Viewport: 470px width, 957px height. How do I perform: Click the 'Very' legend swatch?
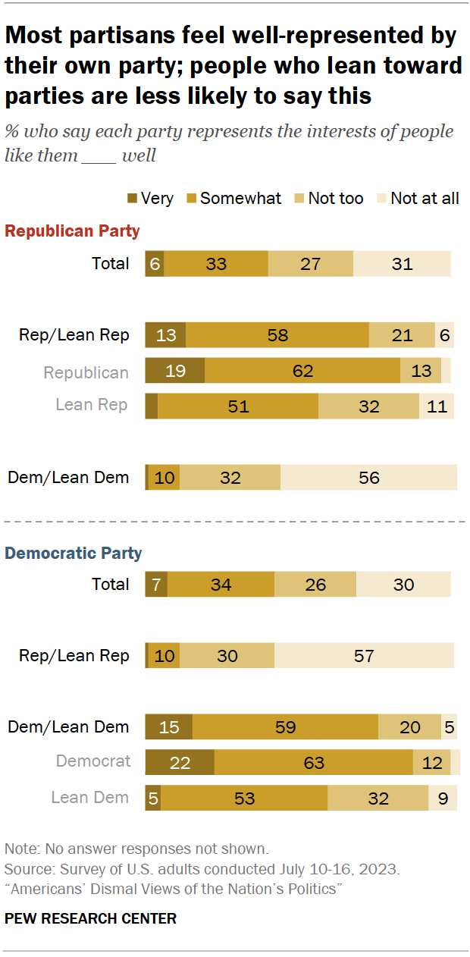[132, 199]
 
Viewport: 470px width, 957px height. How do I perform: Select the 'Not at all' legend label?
[425, 199]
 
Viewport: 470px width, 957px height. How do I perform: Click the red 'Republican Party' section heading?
[72, 231]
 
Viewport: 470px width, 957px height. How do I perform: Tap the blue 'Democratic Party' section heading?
[74, 553]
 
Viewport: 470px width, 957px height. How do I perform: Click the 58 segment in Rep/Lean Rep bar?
[277, 335]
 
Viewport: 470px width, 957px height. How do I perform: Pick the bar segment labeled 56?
[368, 478]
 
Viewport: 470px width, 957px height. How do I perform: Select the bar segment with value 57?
[364, 655]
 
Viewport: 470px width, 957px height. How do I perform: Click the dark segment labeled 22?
[180, 762]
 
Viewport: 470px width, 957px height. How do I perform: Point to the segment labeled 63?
[313, 762]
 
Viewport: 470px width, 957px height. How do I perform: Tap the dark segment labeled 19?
[175, 371]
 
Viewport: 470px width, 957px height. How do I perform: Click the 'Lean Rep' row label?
[91, 405]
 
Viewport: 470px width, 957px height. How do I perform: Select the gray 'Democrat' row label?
[92, 761]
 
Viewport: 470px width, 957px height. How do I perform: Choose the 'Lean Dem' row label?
[89, 798]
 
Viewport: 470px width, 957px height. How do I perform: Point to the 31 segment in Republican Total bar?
[402, 264]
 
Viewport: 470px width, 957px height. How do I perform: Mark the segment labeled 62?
[302, 371]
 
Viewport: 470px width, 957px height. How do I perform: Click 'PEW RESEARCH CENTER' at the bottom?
[90, 918]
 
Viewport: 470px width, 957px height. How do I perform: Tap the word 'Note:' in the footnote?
[20, 848]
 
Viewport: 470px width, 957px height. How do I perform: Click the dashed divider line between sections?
[235, 522]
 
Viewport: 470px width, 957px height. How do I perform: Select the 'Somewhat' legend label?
[240, 199]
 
